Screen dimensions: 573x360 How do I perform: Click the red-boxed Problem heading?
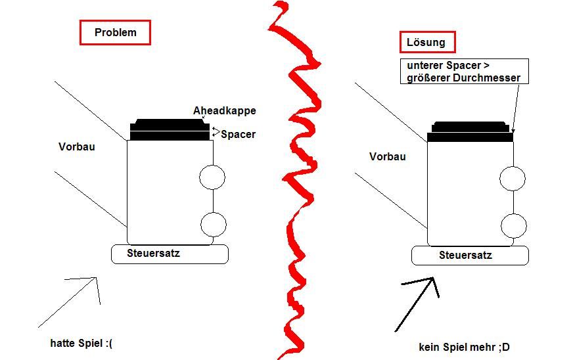pyautogui.click(x=115, y=33)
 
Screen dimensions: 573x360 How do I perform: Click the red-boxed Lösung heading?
pyautogui.click(x=428, y=42)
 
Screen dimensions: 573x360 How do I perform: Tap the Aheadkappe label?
pyautogui.click(x=224, y=110)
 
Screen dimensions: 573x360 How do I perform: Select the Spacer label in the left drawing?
pyautogui.click(x=239, y=134)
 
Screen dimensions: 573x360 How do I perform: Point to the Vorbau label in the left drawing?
pyautogui.click(x=77, y=146)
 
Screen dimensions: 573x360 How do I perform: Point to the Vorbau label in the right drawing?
pyautogui.click(x=387, y=156)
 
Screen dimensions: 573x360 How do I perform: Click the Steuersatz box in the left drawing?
pyautogui.click(x=170, y=254)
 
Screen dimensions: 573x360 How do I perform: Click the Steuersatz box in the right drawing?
pyautogui.click(x=470, y=256)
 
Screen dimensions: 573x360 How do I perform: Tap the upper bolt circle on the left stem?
pyautogui.click(x=212, y=177)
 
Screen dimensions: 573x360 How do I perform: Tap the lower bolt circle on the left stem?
pyautogui.click(x=214, y=225)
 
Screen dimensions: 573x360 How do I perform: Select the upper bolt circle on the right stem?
pyautogui.click(x=513, y=179)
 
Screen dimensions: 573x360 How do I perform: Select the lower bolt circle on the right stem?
pyautogui.click(x=514, y=226)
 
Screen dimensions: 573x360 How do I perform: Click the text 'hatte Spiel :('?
pyautogui.click(x=81, y=343)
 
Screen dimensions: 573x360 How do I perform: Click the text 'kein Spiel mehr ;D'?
pyautogui.click(x=464, y=347)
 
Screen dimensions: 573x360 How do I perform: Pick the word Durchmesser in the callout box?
pyautogui.click(x=486, y=78)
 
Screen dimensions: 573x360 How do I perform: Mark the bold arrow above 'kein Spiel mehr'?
pyautogui.click(x=417, y=305)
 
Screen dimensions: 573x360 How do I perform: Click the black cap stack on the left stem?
pyautogui.click(x=170, y=129)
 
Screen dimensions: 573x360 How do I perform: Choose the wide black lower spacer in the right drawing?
pyautogui.click(x=470, y=137)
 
